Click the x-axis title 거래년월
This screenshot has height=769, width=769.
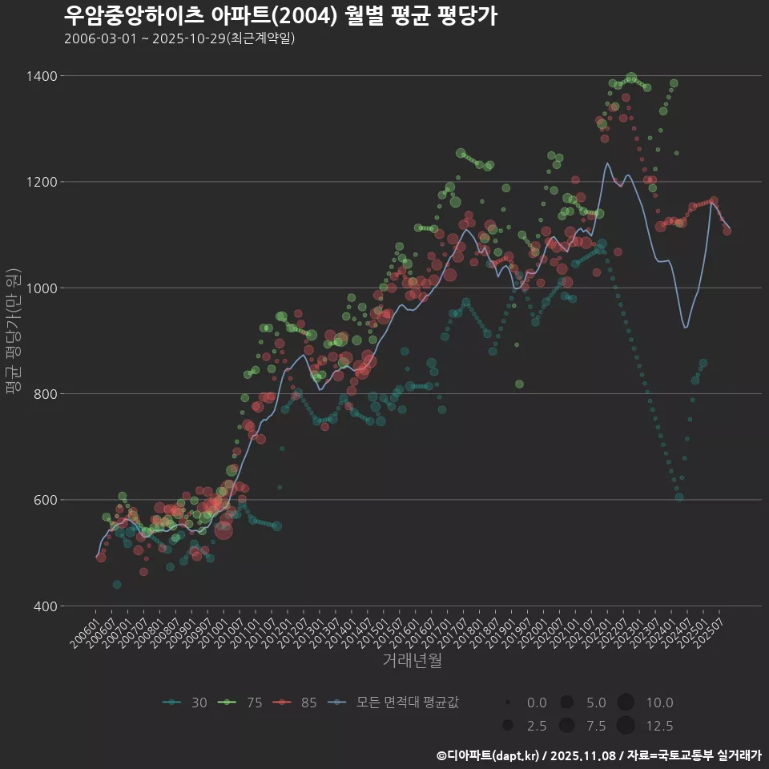point(412,661)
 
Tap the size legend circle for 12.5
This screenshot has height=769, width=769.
point(626,726)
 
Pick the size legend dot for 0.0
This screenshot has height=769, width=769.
point(508,703)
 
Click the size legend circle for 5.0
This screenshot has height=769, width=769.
point(566,703)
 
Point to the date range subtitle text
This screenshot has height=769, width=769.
point(179,38)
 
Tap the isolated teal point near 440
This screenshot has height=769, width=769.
point(117,585)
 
